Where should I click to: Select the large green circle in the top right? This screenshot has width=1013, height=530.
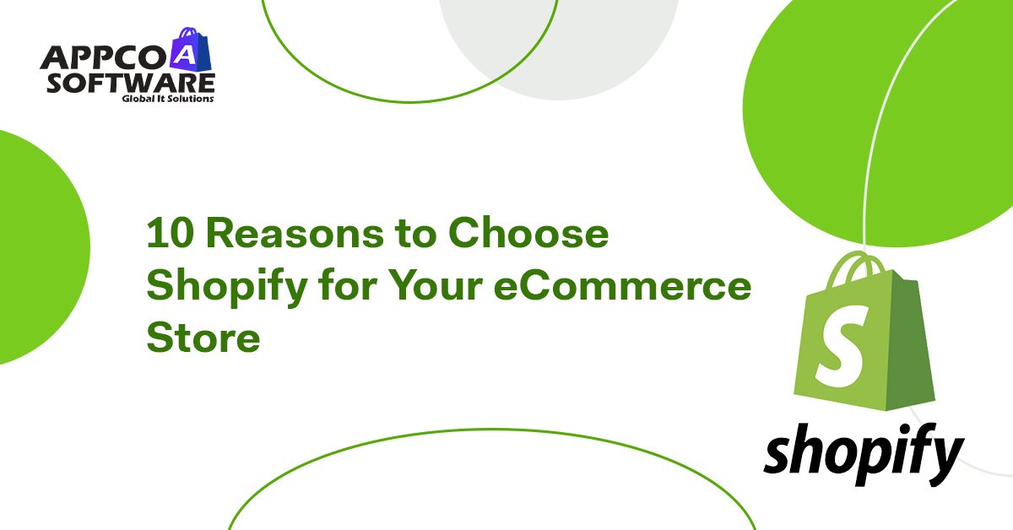tap(895, 110)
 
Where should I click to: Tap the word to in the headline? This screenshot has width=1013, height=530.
tap(409, 235)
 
